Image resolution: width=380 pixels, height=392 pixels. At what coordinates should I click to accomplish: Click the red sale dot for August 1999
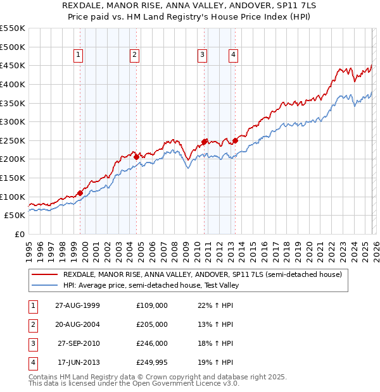[80, 193]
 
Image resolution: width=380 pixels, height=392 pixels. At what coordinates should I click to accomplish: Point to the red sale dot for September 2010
[205, 142]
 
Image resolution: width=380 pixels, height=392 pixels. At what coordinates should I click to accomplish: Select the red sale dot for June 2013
[235, 140]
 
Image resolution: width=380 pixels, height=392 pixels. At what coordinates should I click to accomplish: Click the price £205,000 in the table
[152, 324]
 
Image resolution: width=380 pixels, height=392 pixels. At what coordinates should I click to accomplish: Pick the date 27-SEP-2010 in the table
[79, 343]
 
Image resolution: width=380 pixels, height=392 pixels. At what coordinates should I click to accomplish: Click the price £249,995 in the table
[152, 362]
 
